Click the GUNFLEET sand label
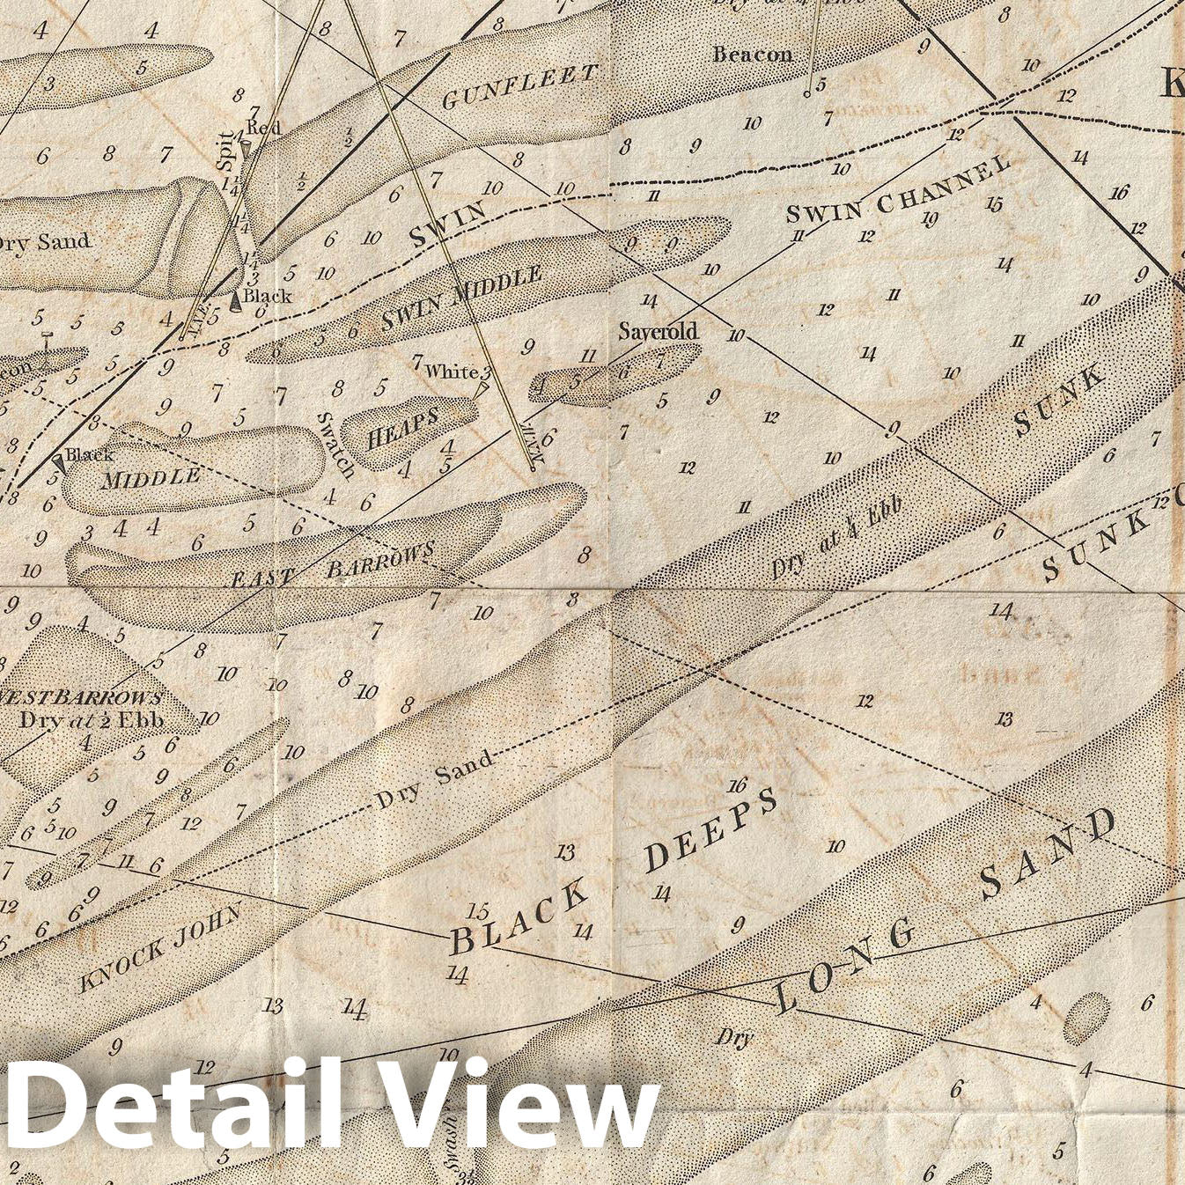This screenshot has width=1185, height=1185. [x=519, y=88]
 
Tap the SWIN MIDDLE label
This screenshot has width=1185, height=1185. [x=461, y=299]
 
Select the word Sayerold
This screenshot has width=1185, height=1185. [x=658, y=331]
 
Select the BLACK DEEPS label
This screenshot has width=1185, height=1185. [x=614, y=872]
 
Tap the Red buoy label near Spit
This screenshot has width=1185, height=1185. [x=263, y=128]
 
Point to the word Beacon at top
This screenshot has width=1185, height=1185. [x=752, y=55]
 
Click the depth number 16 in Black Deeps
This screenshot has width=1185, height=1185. [x=738, y=784]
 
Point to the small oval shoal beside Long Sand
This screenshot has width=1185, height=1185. [x=1086, y=1018]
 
